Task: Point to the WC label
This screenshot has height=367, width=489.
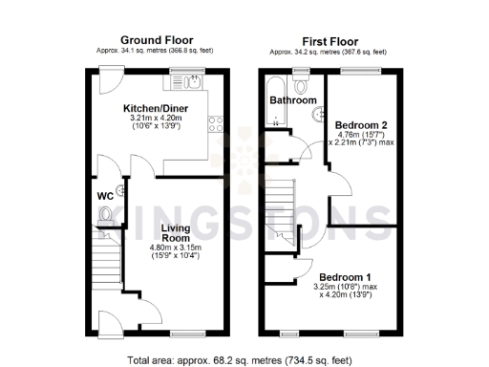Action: (106, 197)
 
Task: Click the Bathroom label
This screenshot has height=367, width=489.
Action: (292, 100)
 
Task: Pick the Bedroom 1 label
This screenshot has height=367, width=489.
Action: (346, 275)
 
